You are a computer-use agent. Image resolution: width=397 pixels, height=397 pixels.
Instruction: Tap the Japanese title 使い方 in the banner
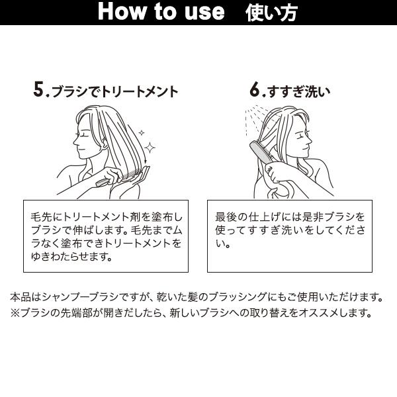[271, 11]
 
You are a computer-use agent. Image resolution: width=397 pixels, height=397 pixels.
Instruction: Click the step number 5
[39, 91]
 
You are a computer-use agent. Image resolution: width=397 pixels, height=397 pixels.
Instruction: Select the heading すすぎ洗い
[299, 92]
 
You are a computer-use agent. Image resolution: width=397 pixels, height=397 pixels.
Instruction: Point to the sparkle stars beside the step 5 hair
[149, 148]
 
